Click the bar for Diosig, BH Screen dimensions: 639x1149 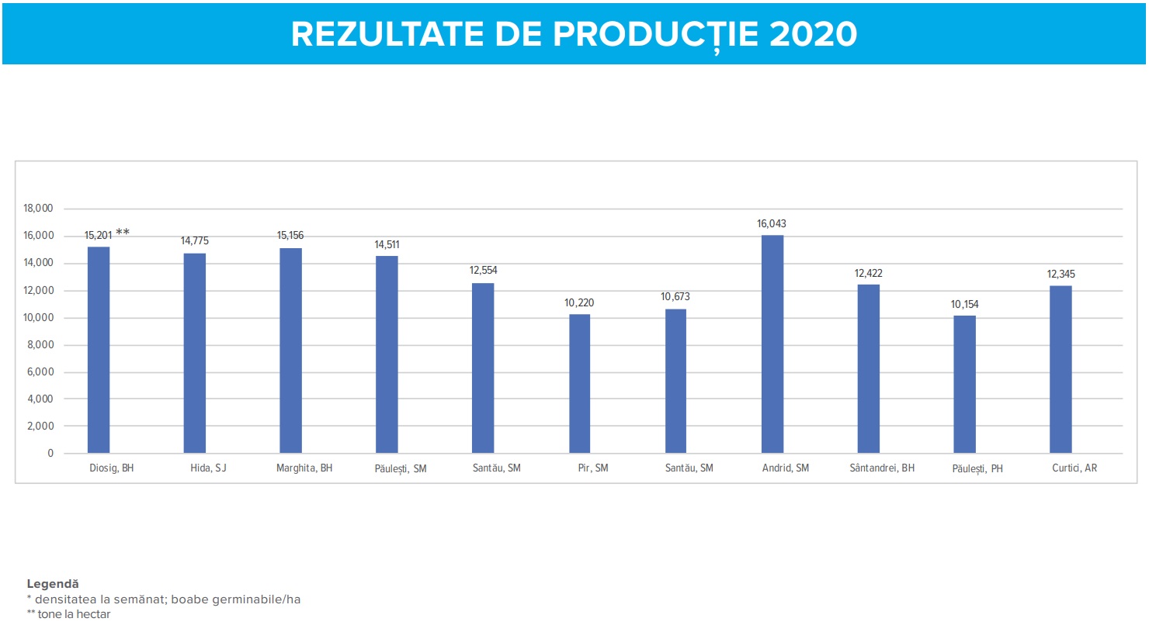[99, 350]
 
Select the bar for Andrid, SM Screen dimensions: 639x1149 [772, 344]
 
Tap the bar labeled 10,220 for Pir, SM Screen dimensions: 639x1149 [579, 383]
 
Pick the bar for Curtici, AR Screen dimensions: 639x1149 [1060, 369]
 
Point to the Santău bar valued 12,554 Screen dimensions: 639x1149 [483, 368]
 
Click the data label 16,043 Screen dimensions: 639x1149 [772, 224]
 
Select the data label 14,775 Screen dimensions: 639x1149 [195, 241]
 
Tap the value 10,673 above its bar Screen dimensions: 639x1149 [675, 297]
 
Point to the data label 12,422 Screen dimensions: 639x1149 [868, 274]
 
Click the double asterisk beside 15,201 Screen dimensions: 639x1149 [123, 233]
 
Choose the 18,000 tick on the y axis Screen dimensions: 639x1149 [38, 209]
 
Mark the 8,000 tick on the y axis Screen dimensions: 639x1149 [40, 345]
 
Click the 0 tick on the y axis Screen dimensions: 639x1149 [50, 454]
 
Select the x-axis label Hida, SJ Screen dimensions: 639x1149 [208, 468]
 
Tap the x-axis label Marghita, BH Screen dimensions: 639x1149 [304, 468]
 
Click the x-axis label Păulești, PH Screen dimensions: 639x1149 [977, 469]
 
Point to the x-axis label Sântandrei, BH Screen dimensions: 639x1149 [882, 468]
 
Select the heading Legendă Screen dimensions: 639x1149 [53, 584]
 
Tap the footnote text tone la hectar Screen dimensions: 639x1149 [75, 614]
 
